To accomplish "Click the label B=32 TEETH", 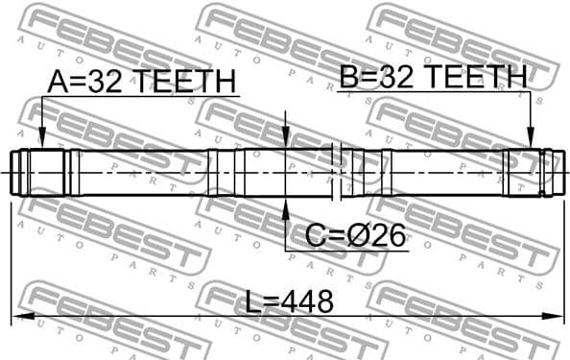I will pyautogui.click(x=433, y=77).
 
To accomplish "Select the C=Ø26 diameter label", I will pyautogui.click(x=355, y=233).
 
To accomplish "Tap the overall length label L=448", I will pyautogui.click(x=288, y=302).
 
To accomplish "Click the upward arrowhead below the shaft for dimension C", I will pyautogui.click(x=286, y=204).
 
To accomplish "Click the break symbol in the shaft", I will pyautogui.click(x=336, y=173).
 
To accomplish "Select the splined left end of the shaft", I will pyautogui.click(x=43, y=173).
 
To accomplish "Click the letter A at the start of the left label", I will pyautogui.click(x=57, y=83).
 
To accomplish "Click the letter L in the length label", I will pyautogui.click(x=251, y=302).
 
